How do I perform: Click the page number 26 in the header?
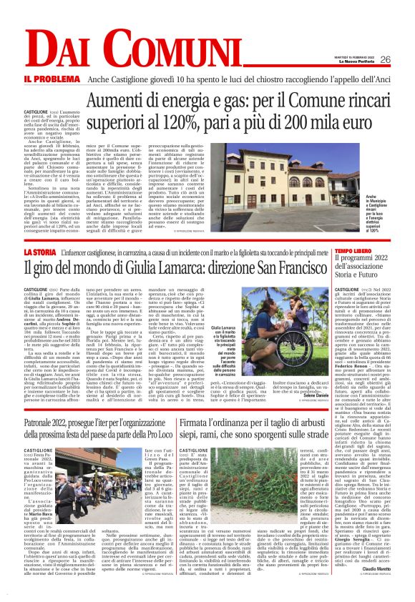coord(385,59)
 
